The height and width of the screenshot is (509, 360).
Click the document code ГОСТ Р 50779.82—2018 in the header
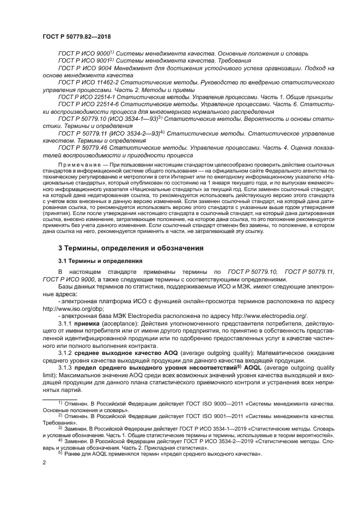[x=75, y=36]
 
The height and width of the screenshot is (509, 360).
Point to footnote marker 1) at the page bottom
[x=60, y=403]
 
